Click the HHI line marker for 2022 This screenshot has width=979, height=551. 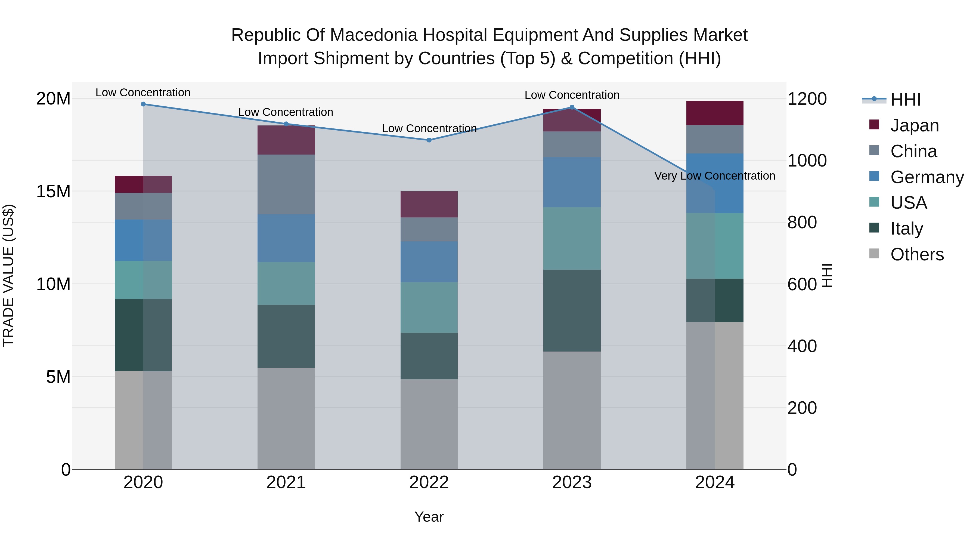(x=429, y=140)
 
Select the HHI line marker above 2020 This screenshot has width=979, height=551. (x=143, y=104)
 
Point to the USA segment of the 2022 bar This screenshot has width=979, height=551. (x=429, y=307)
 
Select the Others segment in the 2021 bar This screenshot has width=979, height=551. (x=286, y=418)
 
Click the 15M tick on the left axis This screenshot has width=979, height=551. (x=53, y=191)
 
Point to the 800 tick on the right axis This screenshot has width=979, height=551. (x=802, y=223)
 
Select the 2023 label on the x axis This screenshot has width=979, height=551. (x=572, y=482)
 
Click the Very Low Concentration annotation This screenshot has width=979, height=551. (x=714, y=176)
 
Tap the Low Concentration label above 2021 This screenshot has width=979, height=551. (x=286, y=112)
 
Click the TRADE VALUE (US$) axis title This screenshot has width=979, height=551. (x=8, y=275)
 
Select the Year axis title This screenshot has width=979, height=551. (x=429, y=517)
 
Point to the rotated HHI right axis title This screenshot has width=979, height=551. (x=827, y=275)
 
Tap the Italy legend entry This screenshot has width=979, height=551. (x=906, y=229)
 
